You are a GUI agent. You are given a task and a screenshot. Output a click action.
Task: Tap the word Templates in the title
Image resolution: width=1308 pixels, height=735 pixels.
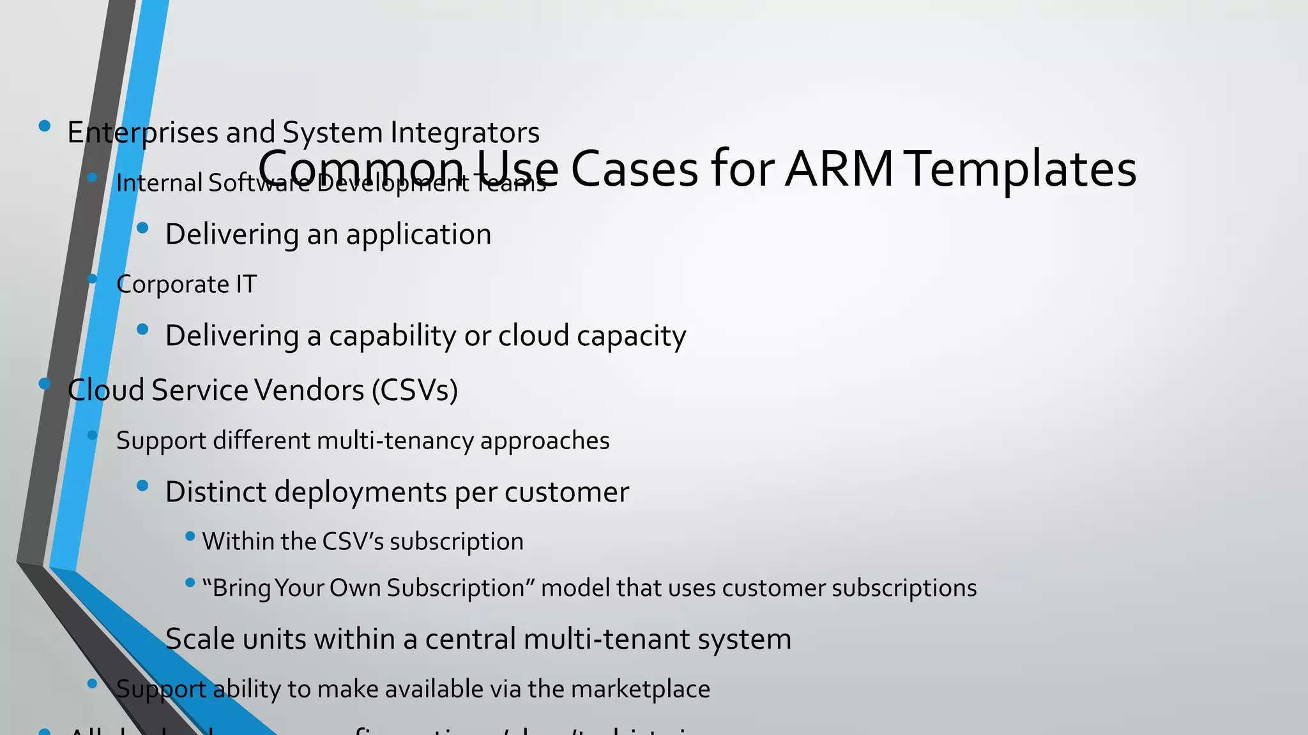click(x=1021, y=170)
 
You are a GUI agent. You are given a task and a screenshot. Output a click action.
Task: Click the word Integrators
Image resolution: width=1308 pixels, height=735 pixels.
click(x=465, y=133)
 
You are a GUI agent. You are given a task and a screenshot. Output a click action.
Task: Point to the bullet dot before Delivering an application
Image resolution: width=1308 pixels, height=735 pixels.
click(x=142, y=228)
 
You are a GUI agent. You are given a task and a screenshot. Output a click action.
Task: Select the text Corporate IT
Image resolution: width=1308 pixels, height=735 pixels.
click(x=186, y=285)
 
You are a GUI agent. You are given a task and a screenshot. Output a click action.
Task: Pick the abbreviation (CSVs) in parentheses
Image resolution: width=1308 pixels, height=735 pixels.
click(x=415, y=390)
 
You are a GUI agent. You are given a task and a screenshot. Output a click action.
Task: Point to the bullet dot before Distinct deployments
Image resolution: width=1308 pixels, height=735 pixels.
click(x=142, y=486)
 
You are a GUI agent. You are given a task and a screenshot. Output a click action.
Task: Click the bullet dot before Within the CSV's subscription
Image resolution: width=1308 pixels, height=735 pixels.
click(x=190, y=537)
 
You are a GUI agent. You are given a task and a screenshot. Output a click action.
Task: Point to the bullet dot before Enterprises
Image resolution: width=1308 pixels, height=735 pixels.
click(x=44, y=126)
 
